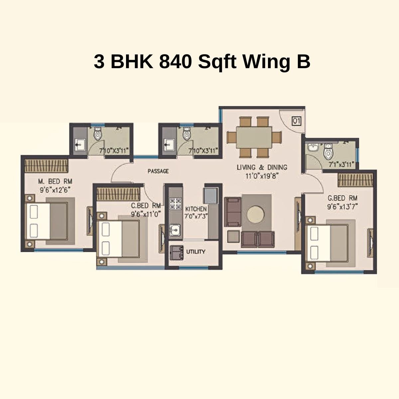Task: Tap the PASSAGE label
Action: pyautogui.click(x=158, y=171)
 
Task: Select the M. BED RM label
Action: pyautogui.click(x=55, y=182)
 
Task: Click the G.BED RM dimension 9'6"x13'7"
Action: pyautogui.click(x=342, y=206)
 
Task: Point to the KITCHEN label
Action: pyautogui.click(x=196, y=209)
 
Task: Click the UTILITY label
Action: pyautogui.click(x=196, y=252)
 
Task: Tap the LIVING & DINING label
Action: pyautogui.click(x=262, y=167)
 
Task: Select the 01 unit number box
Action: pyautogui.click(x=296, y=121)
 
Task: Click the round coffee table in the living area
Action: pyautogui.click(x=256, y=214)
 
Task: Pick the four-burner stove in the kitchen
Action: pyautogui.click(x=175, y=204)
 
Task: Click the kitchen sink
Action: pyautogui.click(x=175, y=230)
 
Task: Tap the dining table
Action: pyautogui.click(x=254, y=137)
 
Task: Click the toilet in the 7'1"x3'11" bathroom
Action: pyautogui.click(x=328, y=152)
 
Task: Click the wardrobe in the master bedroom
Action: pyautogui.click(x=47, y=165)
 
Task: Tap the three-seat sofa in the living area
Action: pyautogui.click(x=233, y=212)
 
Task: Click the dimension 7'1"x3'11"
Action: pyautogui.click(x=341, y=164)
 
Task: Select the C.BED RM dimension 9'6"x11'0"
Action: pyautogui.click(x=146, y=214)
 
